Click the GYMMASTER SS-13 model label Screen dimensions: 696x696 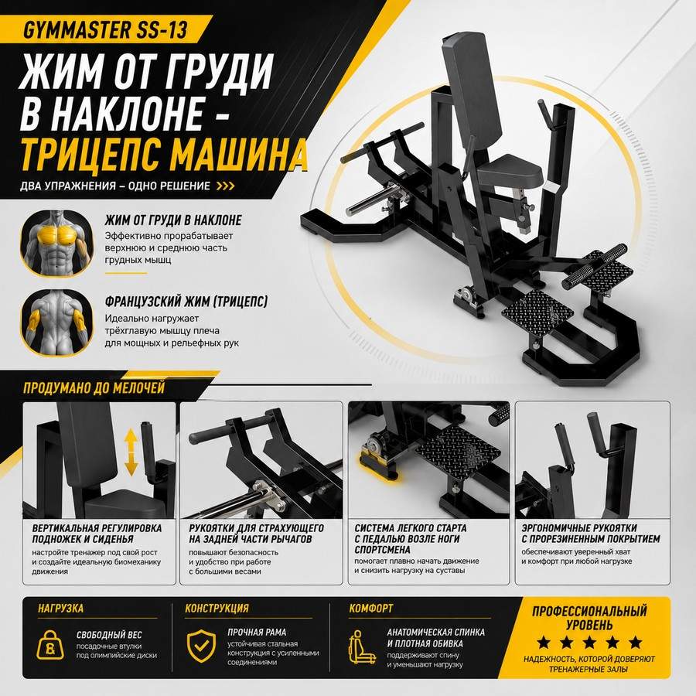(104, 29)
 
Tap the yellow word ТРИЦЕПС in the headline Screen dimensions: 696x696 (92, 155)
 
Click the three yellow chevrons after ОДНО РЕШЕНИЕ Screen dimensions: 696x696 (225, 186)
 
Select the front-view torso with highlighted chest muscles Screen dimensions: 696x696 (56, 244)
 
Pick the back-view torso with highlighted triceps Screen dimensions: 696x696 (56, 322)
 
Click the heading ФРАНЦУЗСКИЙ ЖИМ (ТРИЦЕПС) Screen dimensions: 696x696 (186, 302)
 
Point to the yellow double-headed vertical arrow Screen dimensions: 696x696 (131, 452)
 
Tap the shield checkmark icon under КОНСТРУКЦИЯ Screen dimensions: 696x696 (201, 646)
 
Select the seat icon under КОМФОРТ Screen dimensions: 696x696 (361, 647)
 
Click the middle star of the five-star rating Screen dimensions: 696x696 (589, 642)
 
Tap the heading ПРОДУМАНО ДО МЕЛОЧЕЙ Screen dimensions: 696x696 (94, 388)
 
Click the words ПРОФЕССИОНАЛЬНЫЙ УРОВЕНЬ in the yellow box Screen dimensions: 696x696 (589, 617)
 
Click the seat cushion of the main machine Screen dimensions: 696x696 (510, 171)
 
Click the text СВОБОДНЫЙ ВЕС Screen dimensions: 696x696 (109, 635)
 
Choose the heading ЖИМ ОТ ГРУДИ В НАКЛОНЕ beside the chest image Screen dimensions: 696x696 (173, 220)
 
